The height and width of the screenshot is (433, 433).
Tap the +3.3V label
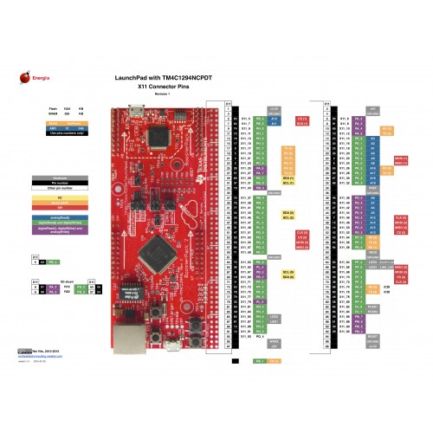click(274, 108)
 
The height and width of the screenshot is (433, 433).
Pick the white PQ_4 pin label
click(260, 335)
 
